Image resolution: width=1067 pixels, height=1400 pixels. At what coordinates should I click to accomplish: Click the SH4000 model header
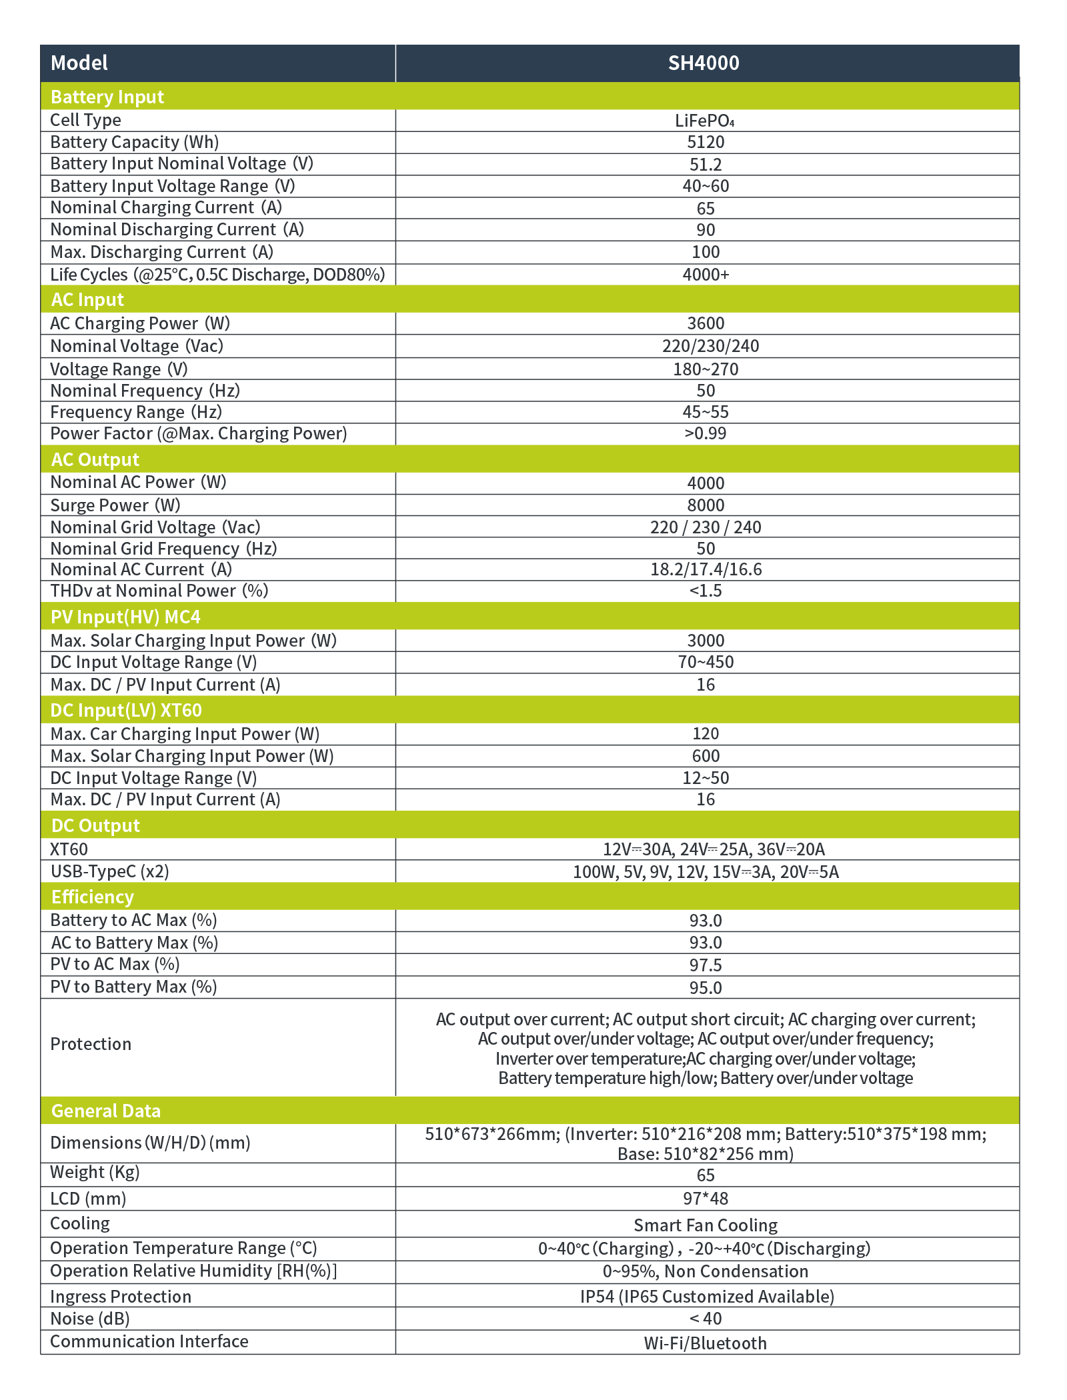point(704,63)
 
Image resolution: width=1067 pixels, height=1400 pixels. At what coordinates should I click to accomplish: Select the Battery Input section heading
point(107,97)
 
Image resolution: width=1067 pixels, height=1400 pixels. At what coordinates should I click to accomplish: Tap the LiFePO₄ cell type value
point(704,121)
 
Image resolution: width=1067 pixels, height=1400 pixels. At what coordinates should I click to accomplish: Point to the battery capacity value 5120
point(706,142)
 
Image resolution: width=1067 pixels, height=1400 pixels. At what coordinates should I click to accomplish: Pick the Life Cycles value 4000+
point(706,275)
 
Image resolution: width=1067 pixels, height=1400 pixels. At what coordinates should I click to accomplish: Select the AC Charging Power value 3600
point(706,323)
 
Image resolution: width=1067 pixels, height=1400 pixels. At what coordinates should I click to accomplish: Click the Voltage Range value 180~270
point(706,369)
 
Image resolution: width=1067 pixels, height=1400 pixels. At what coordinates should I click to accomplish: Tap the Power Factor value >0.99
point(706,433)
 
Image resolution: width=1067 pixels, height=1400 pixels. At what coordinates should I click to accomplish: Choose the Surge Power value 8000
point(706,505)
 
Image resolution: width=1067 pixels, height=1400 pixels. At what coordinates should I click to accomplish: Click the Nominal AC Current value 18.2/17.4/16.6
point(706,569)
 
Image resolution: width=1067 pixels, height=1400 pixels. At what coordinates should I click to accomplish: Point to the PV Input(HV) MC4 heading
point(125,617)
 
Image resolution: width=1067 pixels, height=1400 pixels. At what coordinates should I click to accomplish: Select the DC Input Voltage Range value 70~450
point(706,662)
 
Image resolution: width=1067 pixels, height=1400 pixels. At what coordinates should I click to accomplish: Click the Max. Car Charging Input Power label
point(185,734)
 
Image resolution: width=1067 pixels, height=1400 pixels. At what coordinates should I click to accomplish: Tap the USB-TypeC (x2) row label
point(109,871)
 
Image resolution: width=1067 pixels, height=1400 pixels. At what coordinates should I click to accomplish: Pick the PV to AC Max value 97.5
point(706,965)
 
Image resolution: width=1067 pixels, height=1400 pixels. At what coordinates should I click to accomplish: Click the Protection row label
point(91,1044)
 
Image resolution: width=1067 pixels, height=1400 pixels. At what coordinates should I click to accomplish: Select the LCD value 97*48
point(706,1199)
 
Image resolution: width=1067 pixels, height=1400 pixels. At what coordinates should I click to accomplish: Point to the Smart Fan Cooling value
point(706,1225)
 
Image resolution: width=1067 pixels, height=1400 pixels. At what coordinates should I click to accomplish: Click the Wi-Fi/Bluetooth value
point(706,1343)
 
